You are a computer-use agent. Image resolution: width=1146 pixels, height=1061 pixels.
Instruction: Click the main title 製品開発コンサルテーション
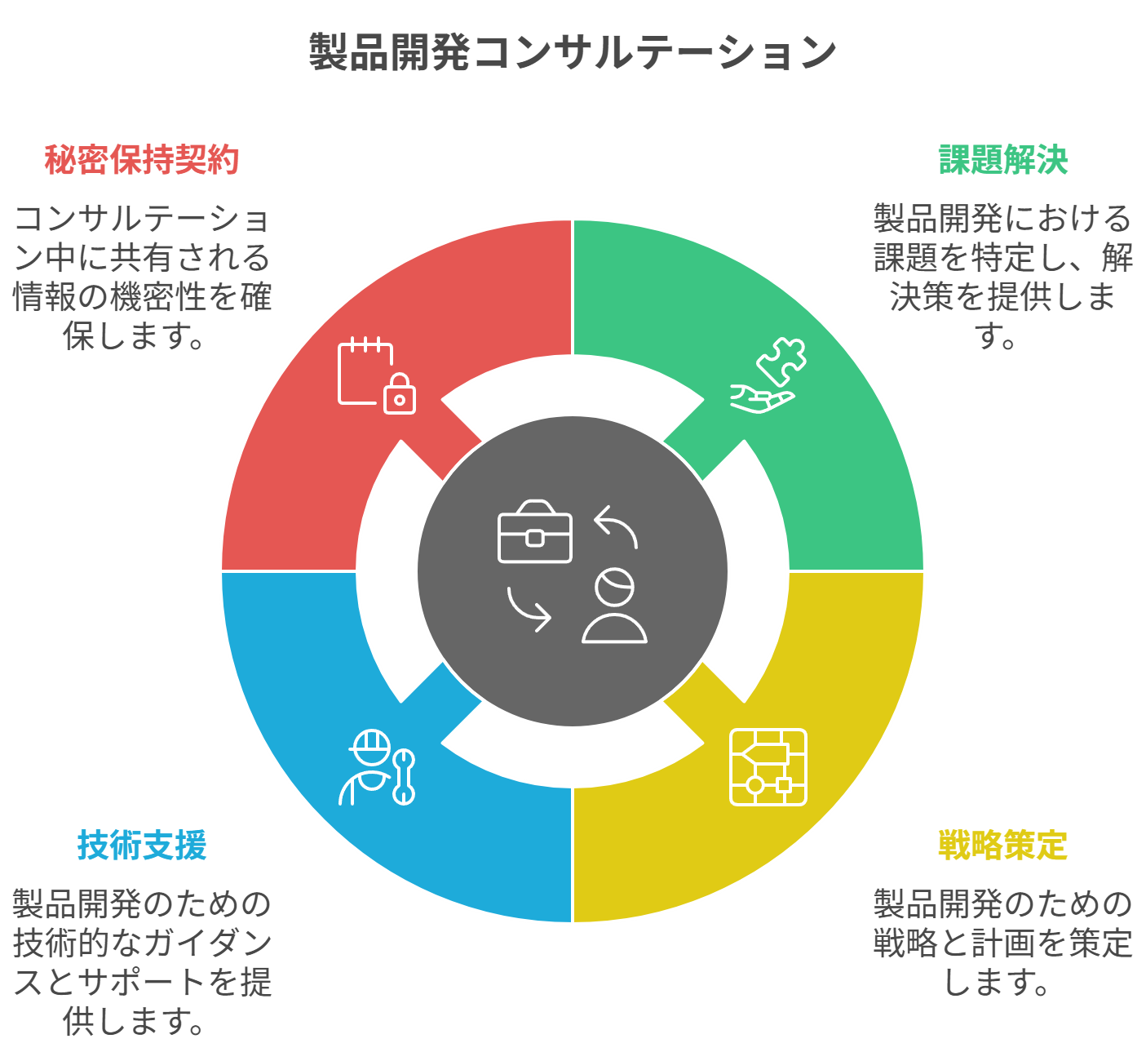pyautogui.click(x=573, y=52)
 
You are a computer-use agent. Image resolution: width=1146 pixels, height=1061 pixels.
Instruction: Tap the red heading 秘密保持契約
pyautogui.click(x=142, y=159)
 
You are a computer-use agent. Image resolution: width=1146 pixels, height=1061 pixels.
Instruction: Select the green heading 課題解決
pyautogui.click(x=1003, y=159)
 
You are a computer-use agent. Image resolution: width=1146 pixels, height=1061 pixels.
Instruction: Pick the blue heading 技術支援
pyautogui.click(x=142, y=845)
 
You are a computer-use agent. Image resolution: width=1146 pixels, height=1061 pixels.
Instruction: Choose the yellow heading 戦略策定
pyautogui.click(x=1003, y=845)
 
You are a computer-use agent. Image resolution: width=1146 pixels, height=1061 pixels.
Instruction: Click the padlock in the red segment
pyautogui.click(x=400, y=394)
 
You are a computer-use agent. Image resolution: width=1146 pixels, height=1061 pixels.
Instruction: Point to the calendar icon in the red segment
pyautogui.click(x=365, y=371)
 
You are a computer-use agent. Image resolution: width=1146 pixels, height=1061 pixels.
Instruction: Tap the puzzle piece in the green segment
pyautogui.click(x=782, y=362)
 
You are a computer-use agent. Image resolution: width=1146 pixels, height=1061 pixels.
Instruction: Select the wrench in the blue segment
pyautogui.click(x=404, y=777)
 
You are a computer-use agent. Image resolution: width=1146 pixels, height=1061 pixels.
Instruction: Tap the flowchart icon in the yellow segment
pyautogui.click(x=768, y=767)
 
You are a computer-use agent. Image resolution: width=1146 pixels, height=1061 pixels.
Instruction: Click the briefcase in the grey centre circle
pyautogui.click(x=535, y=531)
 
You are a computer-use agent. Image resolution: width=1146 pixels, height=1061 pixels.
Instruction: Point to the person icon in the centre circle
pyautogui.click(x=614, y=606)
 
